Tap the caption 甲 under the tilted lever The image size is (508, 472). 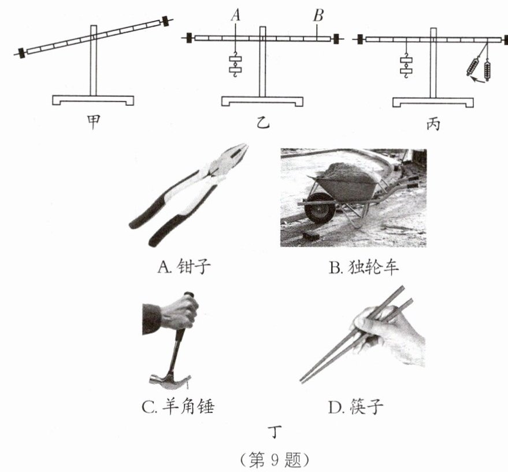pyautogui.click(x=92, y=122)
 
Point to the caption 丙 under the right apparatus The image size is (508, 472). pyautogui.click(x=433, y=122)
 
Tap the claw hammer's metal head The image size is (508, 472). pyautogui.click(x=169, y=380)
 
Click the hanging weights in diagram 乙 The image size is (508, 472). pyautogui.click(x=236, y=65)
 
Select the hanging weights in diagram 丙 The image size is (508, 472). pyautogui.click(x=407, y=65)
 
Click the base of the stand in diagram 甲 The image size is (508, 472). pyautogui.click(x=92, y=99)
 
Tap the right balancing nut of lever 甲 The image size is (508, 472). pyautogui.click(x=168, y=21)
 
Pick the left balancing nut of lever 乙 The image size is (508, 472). pyautogui.click(x=190, y=38)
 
